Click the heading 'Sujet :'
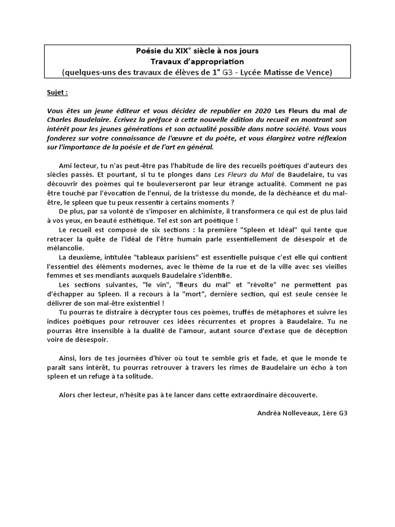tap(57, 93)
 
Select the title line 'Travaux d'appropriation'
tap(197, 61)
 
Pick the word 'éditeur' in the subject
tap(133, 110)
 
